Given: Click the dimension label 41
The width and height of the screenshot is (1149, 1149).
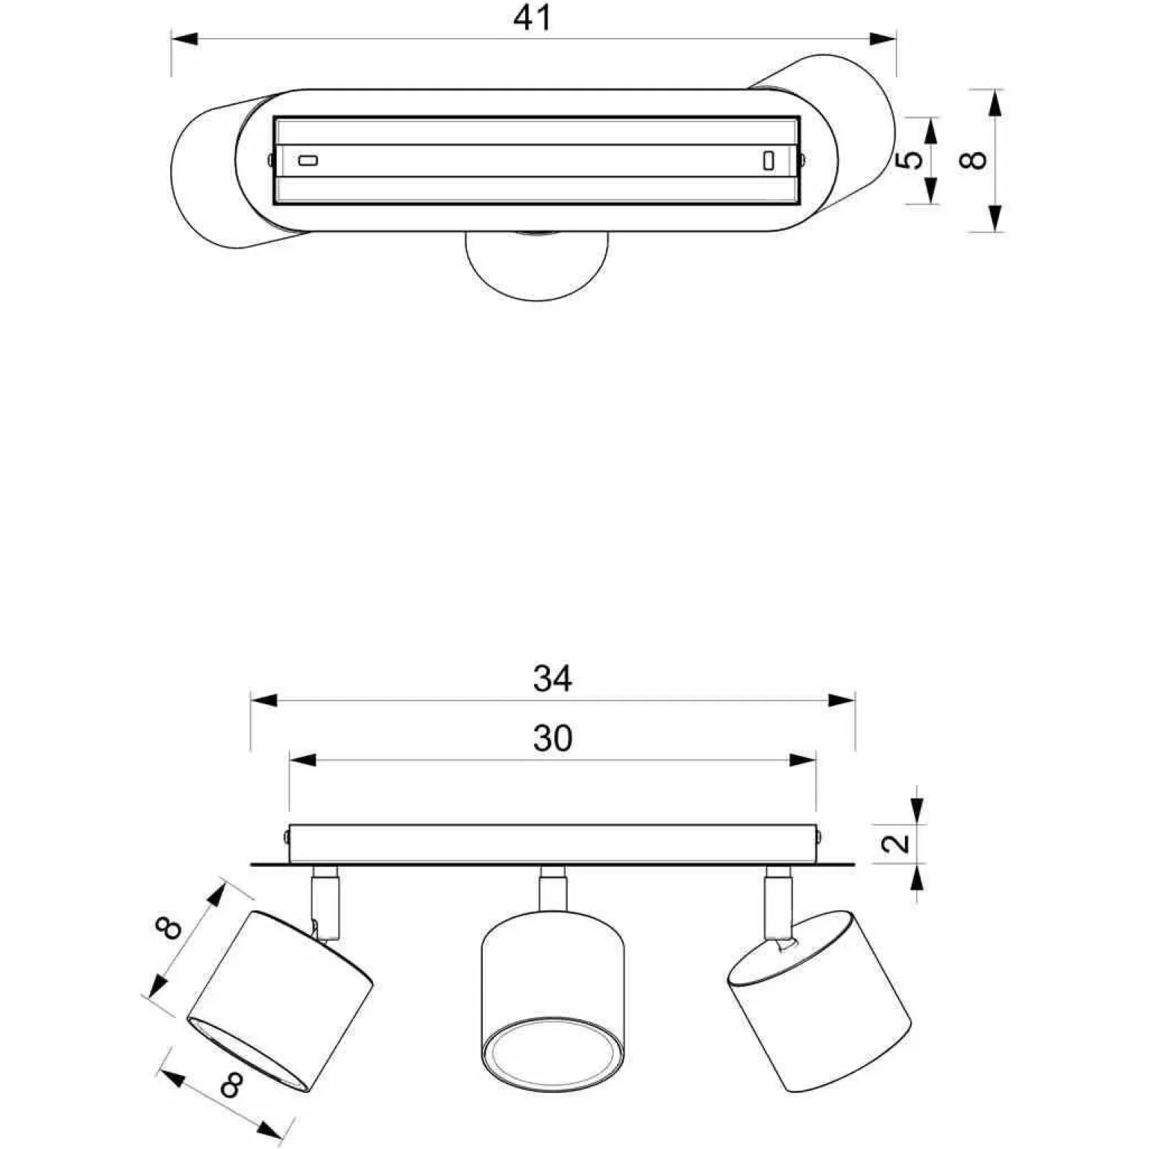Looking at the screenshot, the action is [x=533, y=18].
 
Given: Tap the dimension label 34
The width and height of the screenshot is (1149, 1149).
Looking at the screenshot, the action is [x=553, y=679].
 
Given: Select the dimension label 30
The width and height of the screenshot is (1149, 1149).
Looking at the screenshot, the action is [x=553, y=739].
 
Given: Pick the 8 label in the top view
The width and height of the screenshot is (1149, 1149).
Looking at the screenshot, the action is [x=974, y=160].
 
